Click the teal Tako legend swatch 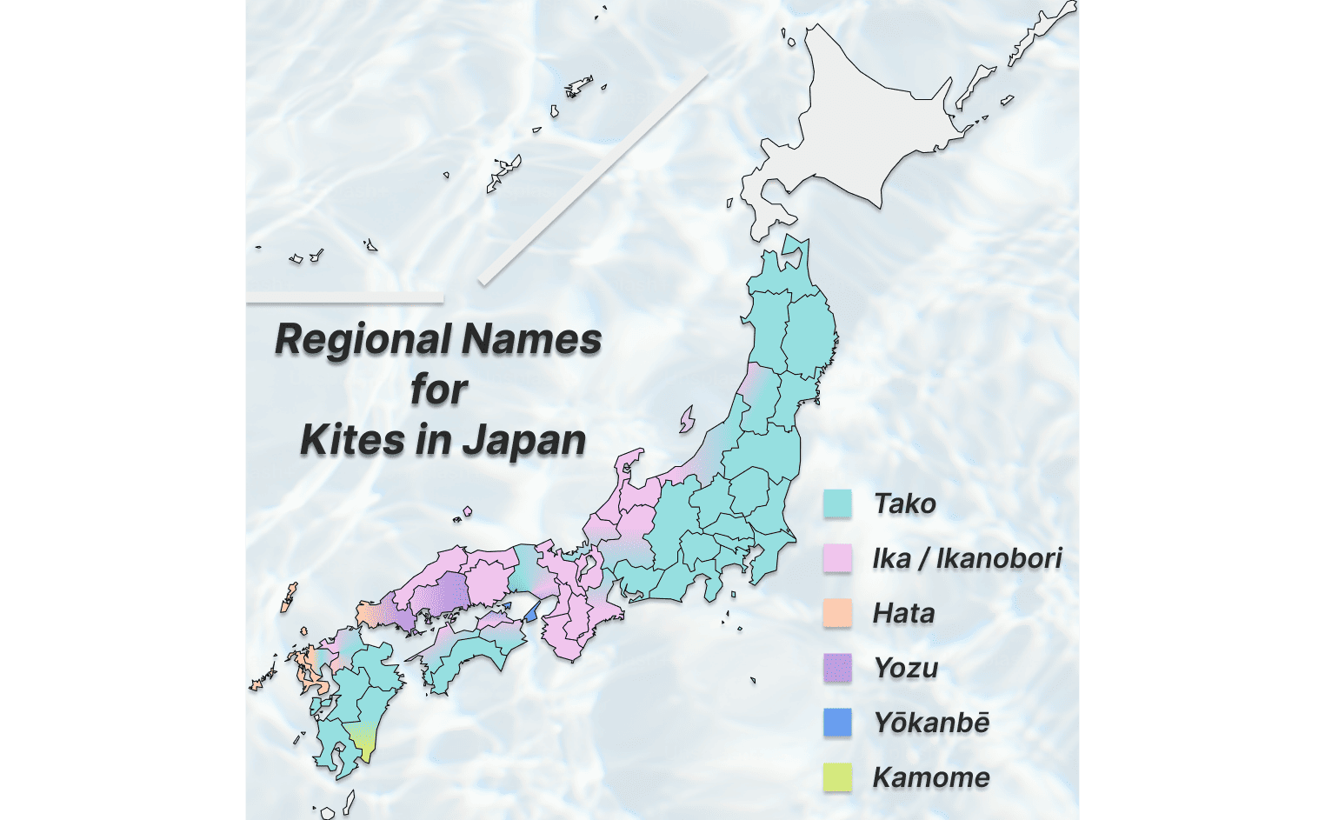837,503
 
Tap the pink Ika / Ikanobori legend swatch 837,558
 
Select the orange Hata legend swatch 837,613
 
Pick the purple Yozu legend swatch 837,668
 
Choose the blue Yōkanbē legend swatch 837,723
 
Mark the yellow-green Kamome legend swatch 837,777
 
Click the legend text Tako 904,503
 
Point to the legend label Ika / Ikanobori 967,558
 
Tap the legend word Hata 903,613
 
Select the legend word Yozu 906,668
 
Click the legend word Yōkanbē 931,723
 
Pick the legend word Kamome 931,777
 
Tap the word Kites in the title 352,440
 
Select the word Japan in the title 524,440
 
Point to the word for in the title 439,389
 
